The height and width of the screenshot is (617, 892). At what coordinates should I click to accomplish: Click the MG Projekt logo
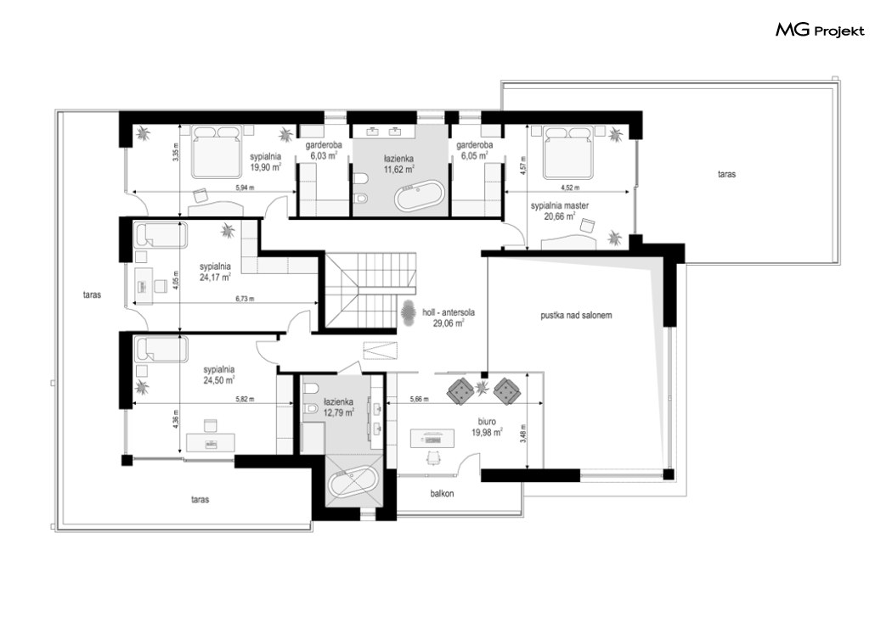(820, 30)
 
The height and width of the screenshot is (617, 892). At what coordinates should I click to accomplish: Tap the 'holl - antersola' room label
(449, 312)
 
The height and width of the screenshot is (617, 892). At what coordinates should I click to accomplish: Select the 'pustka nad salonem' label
(576, 316)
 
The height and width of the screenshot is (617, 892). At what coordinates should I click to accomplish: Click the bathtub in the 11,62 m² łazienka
(418, 196)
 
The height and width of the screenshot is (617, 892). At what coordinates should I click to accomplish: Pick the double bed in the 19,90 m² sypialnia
(216, 151)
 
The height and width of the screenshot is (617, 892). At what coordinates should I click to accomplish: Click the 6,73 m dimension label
(245, 298)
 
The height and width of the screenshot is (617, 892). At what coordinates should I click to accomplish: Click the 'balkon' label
(442, 494)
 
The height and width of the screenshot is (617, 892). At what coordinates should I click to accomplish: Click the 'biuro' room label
(487, 422)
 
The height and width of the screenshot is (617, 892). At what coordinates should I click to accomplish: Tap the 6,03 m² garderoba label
(324, 150)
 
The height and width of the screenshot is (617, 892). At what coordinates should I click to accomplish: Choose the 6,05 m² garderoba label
(474, 150)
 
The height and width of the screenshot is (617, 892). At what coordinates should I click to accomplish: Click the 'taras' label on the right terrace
(726, 175)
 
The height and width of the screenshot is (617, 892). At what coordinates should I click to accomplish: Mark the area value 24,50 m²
(219, 381)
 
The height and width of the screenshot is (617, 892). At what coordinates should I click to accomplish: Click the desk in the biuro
(433, 438)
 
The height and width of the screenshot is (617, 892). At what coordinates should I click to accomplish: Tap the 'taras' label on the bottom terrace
(200, 500)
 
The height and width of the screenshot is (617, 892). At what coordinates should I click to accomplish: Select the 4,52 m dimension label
(570, 188)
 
